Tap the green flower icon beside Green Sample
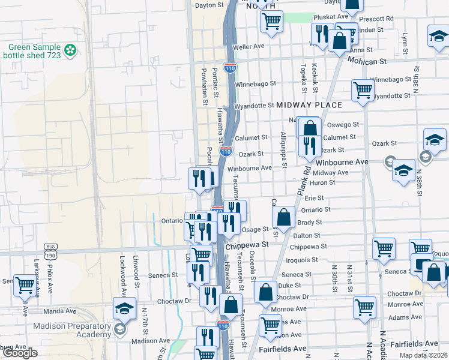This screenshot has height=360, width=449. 71,48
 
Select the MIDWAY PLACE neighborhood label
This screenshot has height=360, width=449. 309,105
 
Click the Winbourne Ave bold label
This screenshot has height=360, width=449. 342,163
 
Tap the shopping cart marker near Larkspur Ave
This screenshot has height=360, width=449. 25,285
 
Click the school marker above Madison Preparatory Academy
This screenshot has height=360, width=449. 124,308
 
